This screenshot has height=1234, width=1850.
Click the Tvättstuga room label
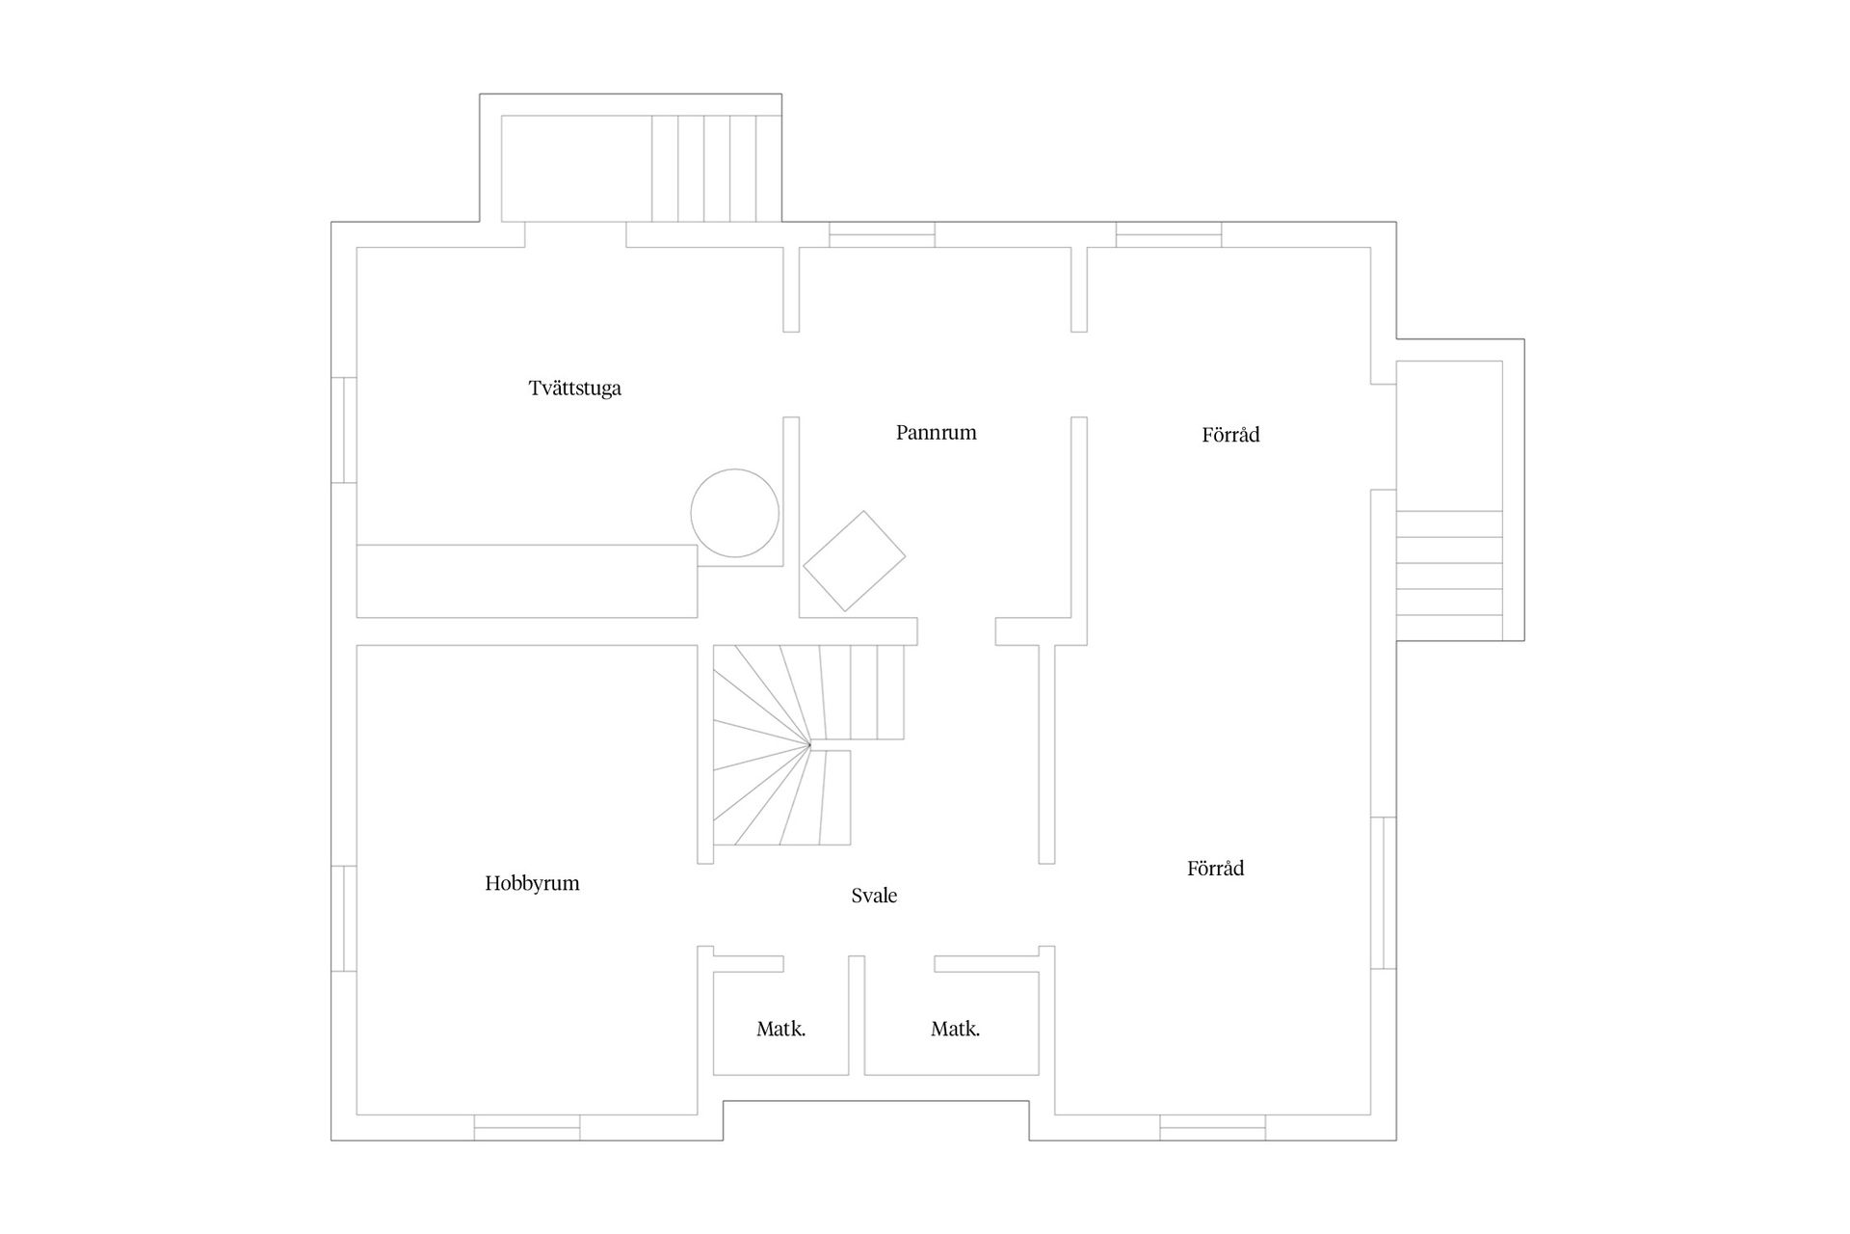[x=575, y=389]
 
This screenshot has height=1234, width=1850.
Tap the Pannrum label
[x=937, y=432]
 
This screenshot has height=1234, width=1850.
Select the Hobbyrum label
[x=532, y=883]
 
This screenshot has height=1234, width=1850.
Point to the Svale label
[x=874, y=896]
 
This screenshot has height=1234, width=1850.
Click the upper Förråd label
[x=1230, y=434]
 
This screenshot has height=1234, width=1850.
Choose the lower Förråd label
[x=1215, y=868]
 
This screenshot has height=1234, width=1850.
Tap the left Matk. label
[x=780, y=1029]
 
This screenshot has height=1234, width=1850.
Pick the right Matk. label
[x=955, y=1029]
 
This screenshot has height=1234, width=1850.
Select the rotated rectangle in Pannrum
[x=855, y=561]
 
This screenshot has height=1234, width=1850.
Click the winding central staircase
[x=808, y=744]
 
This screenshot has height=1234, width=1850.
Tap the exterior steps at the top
[x=716, y=169]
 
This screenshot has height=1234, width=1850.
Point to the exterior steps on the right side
[x=1449, y=575]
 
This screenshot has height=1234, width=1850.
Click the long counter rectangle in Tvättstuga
[x=527, y=581]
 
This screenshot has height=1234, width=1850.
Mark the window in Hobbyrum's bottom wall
[x=527, y=1127]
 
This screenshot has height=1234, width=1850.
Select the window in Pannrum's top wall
[x=882, y=234]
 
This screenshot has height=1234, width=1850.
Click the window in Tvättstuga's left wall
[x=344, y=430]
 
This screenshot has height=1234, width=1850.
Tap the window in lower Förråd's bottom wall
[x=1212, y=1127]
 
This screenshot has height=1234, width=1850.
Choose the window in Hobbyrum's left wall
[x=344, y=919]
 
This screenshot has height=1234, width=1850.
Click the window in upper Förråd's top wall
[x=1169, y=234]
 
